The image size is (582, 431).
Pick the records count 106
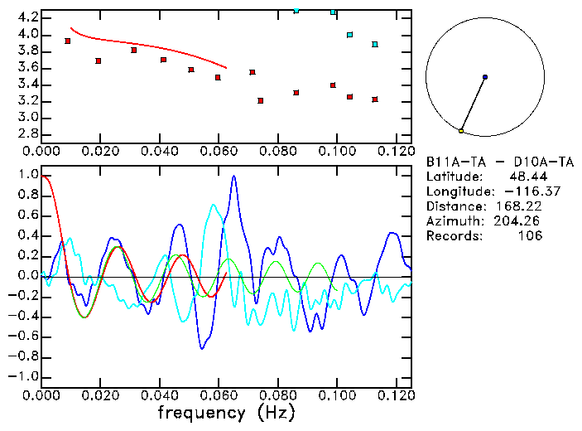(x=531, y=236)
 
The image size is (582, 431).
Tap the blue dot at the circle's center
(x=485, y=77)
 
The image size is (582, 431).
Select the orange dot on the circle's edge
(x=461, y=131)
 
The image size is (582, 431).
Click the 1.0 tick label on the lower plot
(x=26, y=176)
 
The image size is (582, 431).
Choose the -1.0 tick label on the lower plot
(x=24, y=377)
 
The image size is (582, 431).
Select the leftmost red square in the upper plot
(x=68, y=41)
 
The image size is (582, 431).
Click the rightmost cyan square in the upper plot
(x=375, y=44)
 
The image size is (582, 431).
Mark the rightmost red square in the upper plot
(x=375, y=99)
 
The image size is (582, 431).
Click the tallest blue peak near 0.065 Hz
(x=234, y=177)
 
